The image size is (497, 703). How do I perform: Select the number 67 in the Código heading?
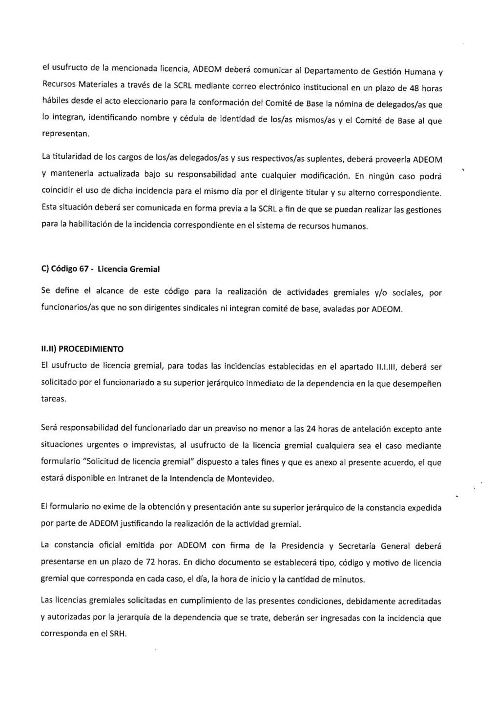83,269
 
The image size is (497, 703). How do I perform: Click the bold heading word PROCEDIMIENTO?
91,349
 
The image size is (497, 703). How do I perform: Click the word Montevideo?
250,478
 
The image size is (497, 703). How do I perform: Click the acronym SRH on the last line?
118,634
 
